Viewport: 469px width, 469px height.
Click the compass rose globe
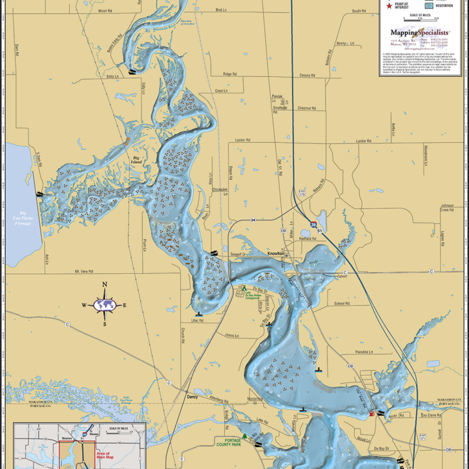105,305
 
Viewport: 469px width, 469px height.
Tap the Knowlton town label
275,253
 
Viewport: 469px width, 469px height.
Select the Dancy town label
192,396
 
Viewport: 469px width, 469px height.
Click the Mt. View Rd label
83,271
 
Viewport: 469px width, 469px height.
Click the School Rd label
341,303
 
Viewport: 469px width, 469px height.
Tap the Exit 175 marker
301,193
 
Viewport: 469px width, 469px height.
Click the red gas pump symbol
372,413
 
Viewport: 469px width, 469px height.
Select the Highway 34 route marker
254,220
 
